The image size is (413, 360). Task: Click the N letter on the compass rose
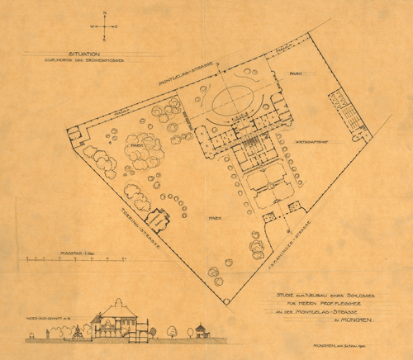[106, 12]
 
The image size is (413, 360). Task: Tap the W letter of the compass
[93, 26]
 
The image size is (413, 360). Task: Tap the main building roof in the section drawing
[119, 312]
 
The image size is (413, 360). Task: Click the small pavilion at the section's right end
[199, 331]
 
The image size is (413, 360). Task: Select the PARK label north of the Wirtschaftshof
[295, 73]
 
